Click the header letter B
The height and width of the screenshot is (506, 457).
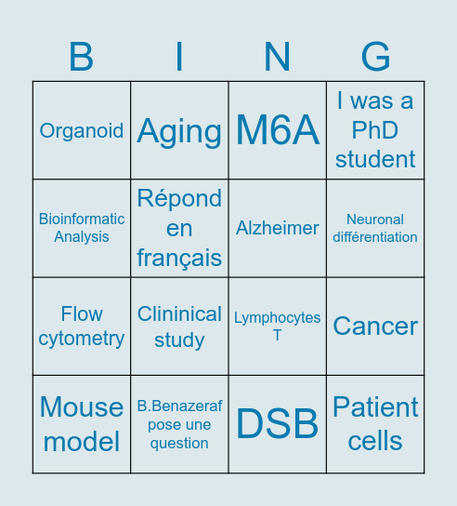coord(82,58)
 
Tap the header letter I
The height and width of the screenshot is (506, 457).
coord(179,58)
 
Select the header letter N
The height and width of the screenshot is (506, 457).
coord(278,58)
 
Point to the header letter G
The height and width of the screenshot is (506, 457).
coord(375,58)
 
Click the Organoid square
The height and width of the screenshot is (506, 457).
coord(82,130)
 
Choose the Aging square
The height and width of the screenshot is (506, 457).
coord(179,131)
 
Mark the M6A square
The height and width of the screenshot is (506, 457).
coord(278,130)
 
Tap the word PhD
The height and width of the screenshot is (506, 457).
coord(375,130)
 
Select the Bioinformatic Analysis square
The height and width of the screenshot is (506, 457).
coord(82,228)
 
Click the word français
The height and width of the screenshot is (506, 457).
coord(179,258)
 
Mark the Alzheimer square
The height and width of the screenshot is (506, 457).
coord(278,228)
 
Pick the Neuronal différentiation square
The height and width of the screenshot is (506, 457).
coord(375,228)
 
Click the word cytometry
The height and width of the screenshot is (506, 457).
coord(82,339)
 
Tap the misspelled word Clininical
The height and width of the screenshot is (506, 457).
coord(179,314)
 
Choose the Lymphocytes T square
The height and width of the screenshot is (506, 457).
coord(278,326)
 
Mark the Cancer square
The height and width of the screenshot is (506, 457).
coord(375,326)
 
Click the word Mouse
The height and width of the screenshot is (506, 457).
coord(82,407)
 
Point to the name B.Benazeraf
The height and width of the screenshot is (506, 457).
coord(179,406)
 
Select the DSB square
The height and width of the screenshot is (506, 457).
coord(278,424)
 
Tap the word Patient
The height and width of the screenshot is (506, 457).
coord(375,407)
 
